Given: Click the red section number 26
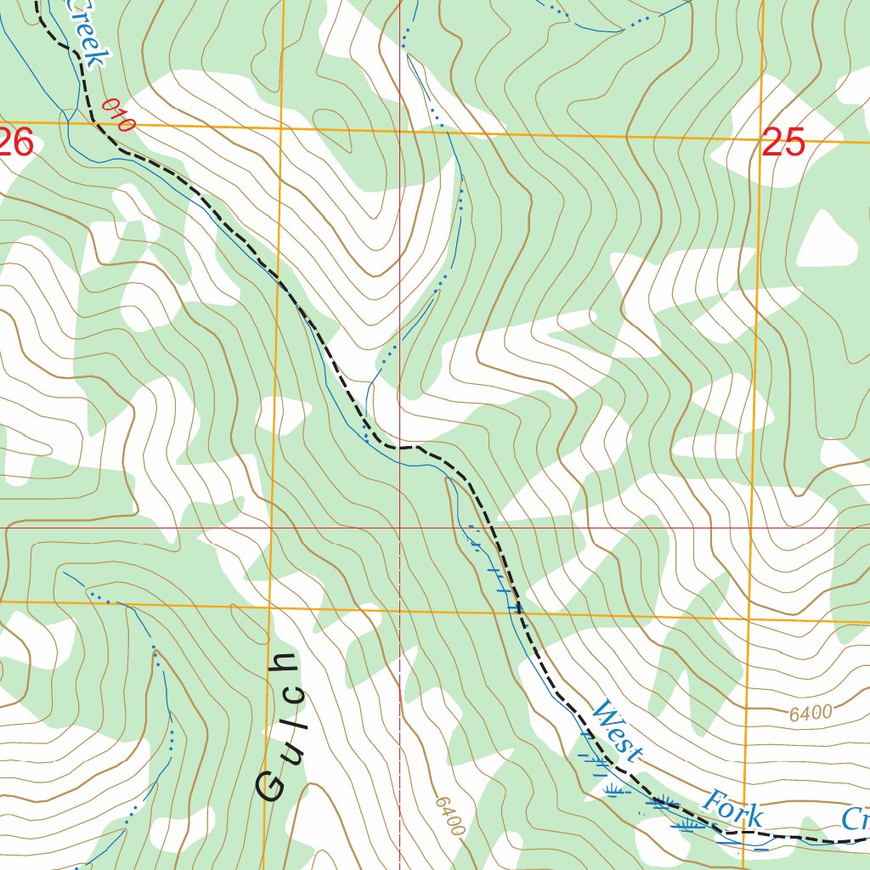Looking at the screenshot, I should pyautogui.click(x=15, y=142).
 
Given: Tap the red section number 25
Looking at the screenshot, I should pyautogui.click(x=782, y=143).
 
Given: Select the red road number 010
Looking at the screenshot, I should pyautogui.click(x=118, y=116).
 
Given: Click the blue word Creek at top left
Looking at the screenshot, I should pyautogui.click(x=88, y=32).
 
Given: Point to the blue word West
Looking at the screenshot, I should pyautogui.click(x=617, y=731).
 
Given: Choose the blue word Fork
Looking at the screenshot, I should pyautogui.click(x=732, y=808).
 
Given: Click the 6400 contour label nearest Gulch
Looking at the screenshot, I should pyautogui.click(x=449, y=816).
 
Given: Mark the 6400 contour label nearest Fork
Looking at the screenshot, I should pyautogui.click(x=810, y=714).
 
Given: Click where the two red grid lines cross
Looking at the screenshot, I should pyautogui.click(x=399, y=528).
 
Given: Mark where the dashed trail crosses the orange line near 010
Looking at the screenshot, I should pyautogui.click(x=93, y=124).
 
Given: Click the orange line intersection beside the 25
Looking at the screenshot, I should pyautogui.click(x=760, y=140).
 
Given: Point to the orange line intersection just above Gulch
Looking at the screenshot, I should pyautogui.click(x=271, y=606).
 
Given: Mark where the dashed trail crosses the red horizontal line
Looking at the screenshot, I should pyautogui.click(x=497, y=528).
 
